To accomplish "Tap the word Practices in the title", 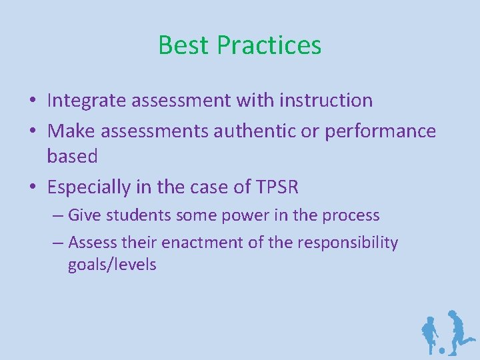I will tap(269, 45).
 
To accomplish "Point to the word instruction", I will tap(327, 101).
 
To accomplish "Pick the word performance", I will tap(380, 131).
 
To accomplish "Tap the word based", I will tap(72, 157).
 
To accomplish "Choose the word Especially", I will tap(99, 187).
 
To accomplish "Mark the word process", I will tap(351, 215).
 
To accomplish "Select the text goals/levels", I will tap(112, 265).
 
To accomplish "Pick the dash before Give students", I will tap(58, 216).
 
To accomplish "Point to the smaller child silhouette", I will tap(430, 333).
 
